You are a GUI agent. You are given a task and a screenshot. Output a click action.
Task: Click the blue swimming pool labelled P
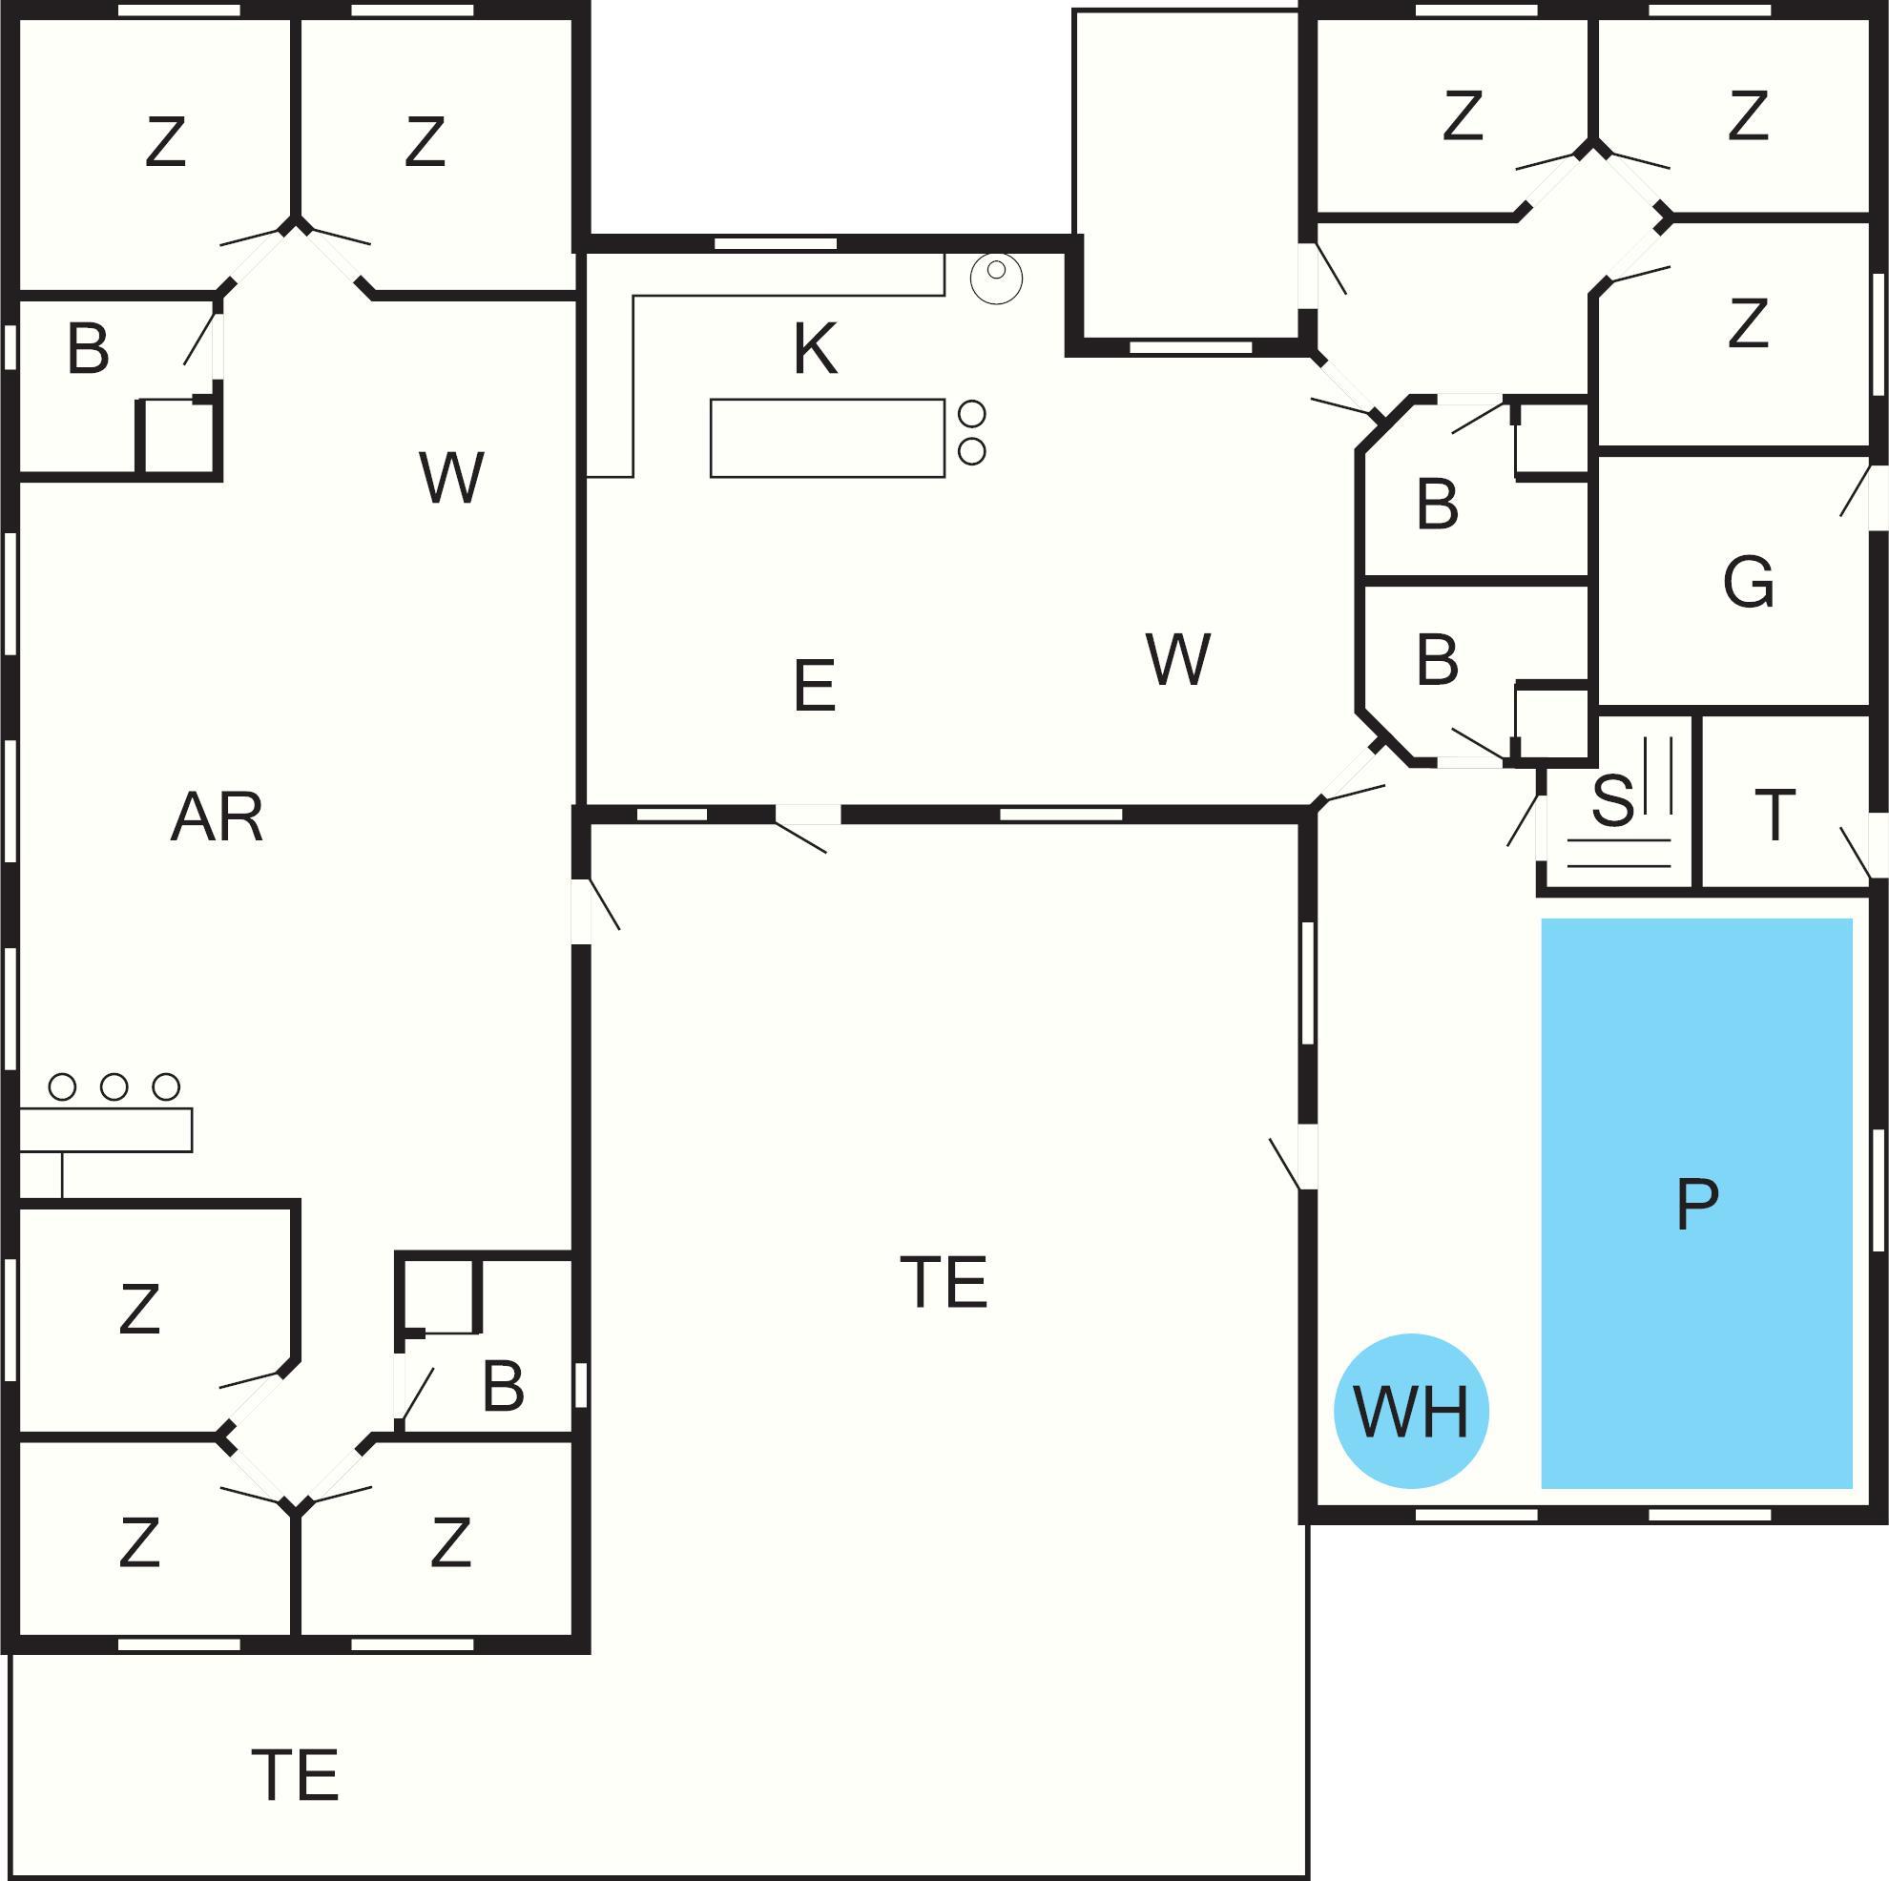tap(1696, 1203)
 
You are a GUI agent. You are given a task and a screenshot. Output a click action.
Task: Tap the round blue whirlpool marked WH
tap(1411, 1411)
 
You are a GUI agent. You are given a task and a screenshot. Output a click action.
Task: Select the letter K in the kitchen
tap(815, 348)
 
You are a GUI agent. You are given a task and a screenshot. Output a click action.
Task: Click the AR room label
tap(218, 817)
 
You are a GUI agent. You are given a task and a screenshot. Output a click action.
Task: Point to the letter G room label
tap(1748, 582)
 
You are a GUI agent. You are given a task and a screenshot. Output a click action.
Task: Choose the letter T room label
tap(1775, 815)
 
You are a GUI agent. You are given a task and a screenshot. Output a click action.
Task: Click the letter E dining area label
tap(815, 685)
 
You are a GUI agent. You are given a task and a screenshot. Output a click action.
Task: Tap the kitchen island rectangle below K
tap(827, 438)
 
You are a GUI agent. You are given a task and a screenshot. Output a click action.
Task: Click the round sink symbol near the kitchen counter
tap(996, 278)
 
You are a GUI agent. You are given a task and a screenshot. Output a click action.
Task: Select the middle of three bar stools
tap(114, 1086)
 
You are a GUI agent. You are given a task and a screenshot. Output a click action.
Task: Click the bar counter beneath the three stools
tap(106, 1130)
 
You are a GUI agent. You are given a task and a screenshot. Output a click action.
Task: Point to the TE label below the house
tap(296, 1775)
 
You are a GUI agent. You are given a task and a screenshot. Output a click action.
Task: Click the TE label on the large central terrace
tap(944, 1282)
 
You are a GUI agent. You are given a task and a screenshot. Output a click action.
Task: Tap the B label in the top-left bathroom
tap(88, 348)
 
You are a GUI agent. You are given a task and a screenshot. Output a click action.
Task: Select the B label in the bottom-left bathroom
tap(503, 1385)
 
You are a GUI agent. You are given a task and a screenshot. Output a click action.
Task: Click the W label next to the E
tap(1177, 659)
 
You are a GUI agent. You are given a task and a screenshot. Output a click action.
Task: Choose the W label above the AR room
tap(450, 478)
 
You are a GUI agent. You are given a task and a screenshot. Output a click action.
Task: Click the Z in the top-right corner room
tap(1748, 115)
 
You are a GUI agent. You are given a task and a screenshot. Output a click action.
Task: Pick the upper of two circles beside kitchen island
tap(972, 414)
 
